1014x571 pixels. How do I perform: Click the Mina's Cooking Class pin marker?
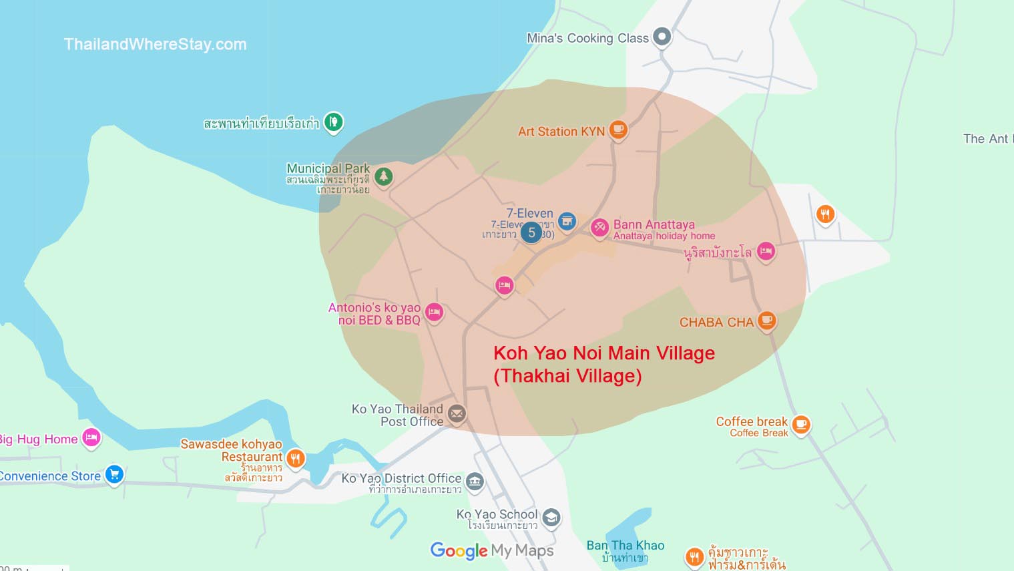(662, 36)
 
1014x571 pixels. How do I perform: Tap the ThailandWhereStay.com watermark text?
(155, 44)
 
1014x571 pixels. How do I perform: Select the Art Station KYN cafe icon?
(618, 129)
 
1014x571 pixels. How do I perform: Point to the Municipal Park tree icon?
(383, 176)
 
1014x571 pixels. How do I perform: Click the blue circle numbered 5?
(531, 232)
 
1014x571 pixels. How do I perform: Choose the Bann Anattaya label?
(654, 225)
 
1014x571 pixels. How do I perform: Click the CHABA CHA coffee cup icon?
(767, 321)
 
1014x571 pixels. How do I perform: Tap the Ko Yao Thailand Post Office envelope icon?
(457, 414)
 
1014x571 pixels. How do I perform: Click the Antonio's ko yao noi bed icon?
(434, 311)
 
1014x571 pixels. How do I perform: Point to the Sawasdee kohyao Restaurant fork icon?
(295, 457)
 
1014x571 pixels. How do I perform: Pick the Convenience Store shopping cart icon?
(114, 474)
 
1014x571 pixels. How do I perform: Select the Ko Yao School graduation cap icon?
(551, 517)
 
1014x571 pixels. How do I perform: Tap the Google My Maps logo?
(492, 550)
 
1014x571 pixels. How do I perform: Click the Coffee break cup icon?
(800, 423)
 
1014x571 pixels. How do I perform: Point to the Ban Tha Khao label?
(625, 546)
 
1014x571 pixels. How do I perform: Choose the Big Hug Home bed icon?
(91, 437)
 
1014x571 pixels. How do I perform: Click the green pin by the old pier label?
(333, 122)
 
